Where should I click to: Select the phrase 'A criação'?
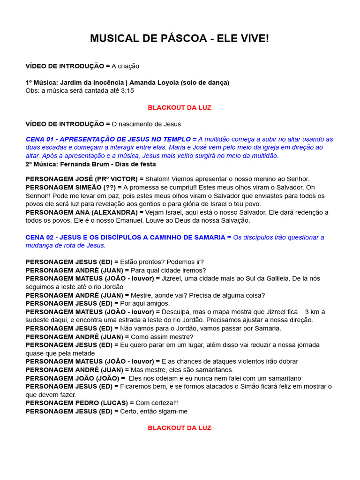(125, 66)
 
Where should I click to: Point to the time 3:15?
(127, 90)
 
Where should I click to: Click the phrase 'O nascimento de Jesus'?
(146, 124)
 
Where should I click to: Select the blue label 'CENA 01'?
(41, 139)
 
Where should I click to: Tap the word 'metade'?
(84, 353)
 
